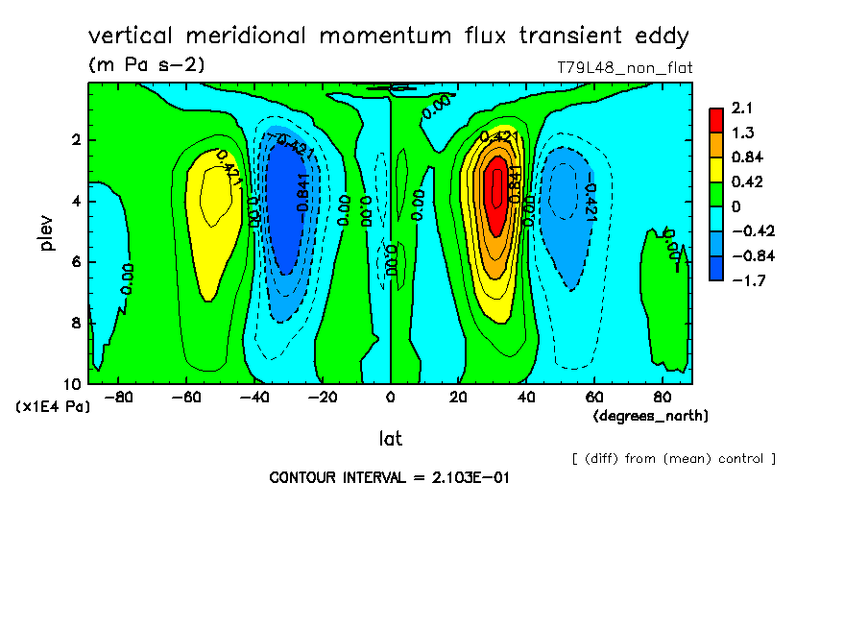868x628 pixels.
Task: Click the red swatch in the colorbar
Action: pyautogui.click(x=716, y=119)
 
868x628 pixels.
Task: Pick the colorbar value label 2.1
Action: pyautogui.click(x=742, y=108)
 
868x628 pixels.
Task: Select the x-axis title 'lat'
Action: pyautogui.click(x=390, y=439)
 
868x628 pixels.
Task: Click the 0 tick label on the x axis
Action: pyautogui.click(x=391, y=396)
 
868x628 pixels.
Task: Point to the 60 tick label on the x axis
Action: pyautogui.click(x=594, y=396)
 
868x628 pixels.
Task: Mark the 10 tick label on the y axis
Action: pyautogui.click(x=75, y=383)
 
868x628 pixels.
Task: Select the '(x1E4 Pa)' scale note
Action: pyautogui.click(x=54, y=407)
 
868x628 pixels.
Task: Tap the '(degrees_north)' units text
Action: pyautogui.click(x=651, y=416)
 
